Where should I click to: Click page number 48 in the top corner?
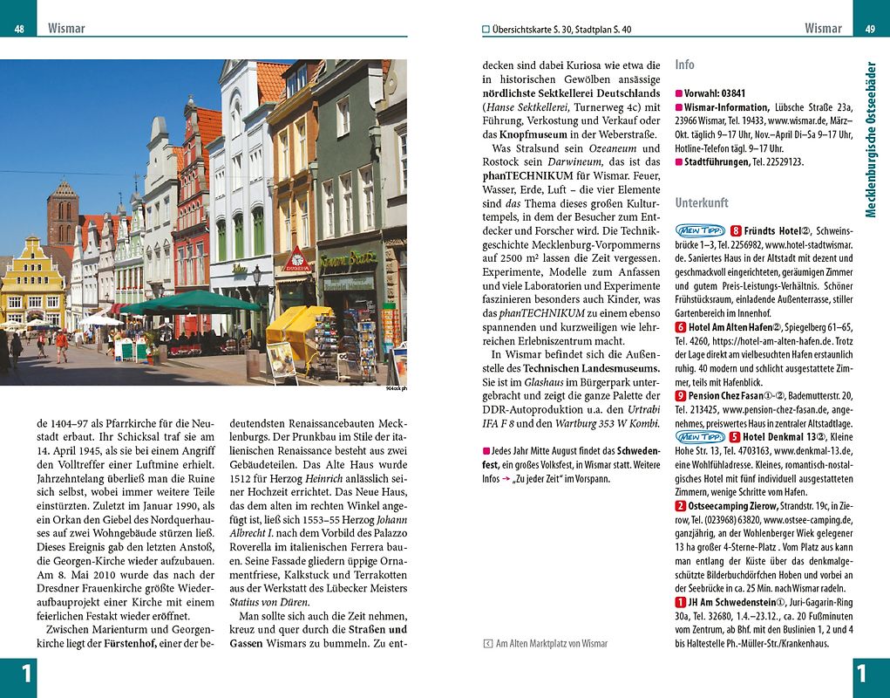19,29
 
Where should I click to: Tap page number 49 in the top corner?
870,29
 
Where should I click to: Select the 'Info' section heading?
684,65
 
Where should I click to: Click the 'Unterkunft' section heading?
701,202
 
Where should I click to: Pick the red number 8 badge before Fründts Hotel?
736,231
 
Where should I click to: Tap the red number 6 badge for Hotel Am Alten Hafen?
681,326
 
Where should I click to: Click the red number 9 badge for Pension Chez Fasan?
681,395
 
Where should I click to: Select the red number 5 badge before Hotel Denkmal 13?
735,436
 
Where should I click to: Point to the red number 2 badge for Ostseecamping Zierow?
681,505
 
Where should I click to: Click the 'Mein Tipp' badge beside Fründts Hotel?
699,231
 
